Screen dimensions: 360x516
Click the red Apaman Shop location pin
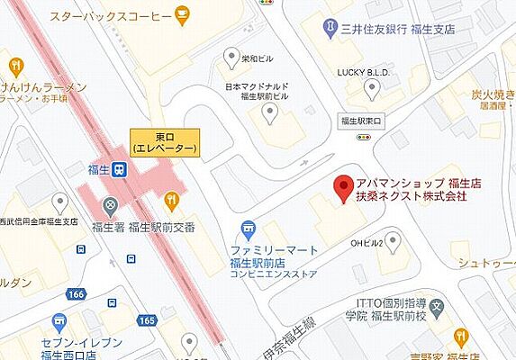(x=341, y=187)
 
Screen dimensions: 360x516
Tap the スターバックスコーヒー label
(x=111, y=16)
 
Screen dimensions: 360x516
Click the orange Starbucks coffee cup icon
(x=183, y=14)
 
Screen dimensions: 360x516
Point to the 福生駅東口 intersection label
(x=361, y=120)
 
